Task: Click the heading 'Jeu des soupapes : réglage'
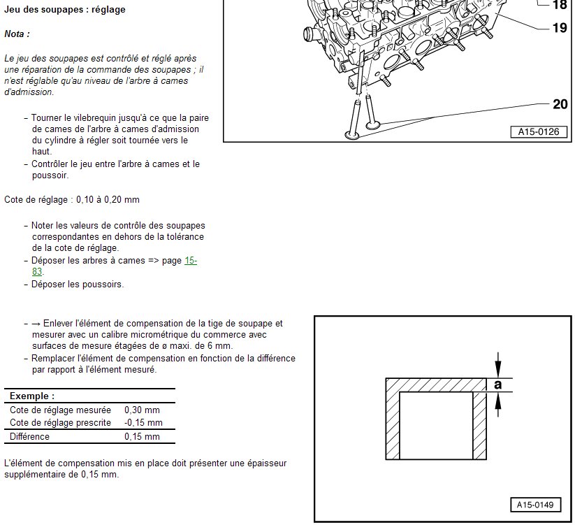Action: tap(65, 10)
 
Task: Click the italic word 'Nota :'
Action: tap(17, 34)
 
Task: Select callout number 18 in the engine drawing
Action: tap(560, 5)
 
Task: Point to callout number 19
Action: tap(560, 29)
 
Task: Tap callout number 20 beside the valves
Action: tap(560, 105)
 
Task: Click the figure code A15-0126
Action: tap(538, 131)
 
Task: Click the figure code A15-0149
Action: tap(535, 505)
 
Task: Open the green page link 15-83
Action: tap(190, 261)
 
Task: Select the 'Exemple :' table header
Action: tap(32, 396)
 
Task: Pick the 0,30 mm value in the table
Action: tap(142, 410)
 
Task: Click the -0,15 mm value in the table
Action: tap(143, 422)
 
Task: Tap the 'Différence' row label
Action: tap(29, 436)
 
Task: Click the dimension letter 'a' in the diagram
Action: tap(497, 384)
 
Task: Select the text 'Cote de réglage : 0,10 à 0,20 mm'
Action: tap(72, 199)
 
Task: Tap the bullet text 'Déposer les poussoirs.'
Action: tap(78, 285)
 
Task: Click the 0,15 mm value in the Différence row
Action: tap(142, 436)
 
